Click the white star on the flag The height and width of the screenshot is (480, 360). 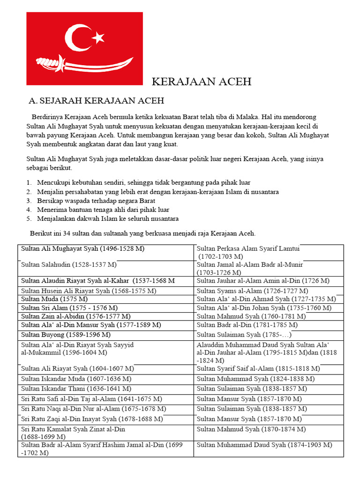pyautogui.click(x=98, y=37)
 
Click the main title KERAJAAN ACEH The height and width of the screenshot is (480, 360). pyautogui.click(x=202, y=82)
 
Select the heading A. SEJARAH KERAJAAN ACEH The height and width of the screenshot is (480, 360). pyautogui.click(x=96, y=101)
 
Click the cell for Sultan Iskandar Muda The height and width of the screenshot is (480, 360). pyautogui.click(x=76, y=379)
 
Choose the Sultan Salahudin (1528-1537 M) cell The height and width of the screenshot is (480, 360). pyautogui.click(x=69, y=265)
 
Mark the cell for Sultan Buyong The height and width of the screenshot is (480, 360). pyautogui.click(x=66, y=335)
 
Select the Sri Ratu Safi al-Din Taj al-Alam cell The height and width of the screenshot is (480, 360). pyautogui.click(x=92, y=399)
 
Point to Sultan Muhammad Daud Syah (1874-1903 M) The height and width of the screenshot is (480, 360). pyautogui.click(x=264, y=445)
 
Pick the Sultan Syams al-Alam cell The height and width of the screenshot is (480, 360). pyautogui.click(x=252, y=291)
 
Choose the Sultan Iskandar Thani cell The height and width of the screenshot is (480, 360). pyautogui.click(x=76, y=389)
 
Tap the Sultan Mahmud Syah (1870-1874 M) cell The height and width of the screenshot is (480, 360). pyautogui.click(x=251, y=429)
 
